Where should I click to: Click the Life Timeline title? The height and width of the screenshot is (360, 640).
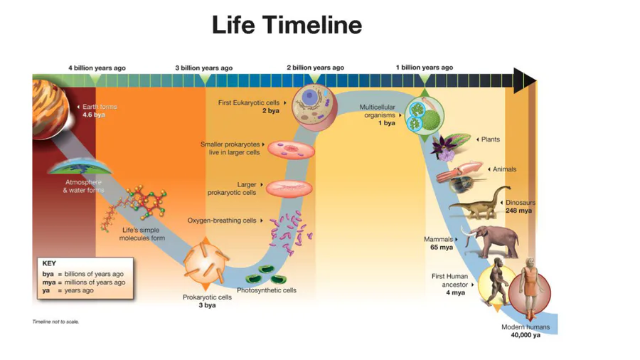(x=287, y=24)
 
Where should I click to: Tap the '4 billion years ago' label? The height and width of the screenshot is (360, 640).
(x=97, y=68)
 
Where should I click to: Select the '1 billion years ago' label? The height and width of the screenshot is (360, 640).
(x=425, y=68)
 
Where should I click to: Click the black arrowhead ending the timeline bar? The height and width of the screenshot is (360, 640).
(x=525, y=80)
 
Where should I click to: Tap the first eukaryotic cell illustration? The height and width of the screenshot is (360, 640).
(x=315, y=106)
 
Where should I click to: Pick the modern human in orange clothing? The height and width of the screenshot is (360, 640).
(x=529, y=287)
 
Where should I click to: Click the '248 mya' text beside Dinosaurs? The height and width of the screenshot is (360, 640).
(x=519, y=211)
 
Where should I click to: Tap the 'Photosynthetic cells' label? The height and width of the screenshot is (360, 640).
(x=267, y=290)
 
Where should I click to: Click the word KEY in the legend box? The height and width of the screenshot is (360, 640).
(x=49, y=263)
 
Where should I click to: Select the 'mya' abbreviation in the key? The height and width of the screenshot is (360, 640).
(x=49, y=282)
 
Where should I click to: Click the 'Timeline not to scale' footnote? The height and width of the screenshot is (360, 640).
(x=55, y=322)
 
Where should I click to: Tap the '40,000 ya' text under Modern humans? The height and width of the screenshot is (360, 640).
(x=526, y=335)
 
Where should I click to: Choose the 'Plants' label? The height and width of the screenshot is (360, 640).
(x=491, y=139)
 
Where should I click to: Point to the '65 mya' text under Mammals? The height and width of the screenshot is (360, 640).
(x=442, y=248)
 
